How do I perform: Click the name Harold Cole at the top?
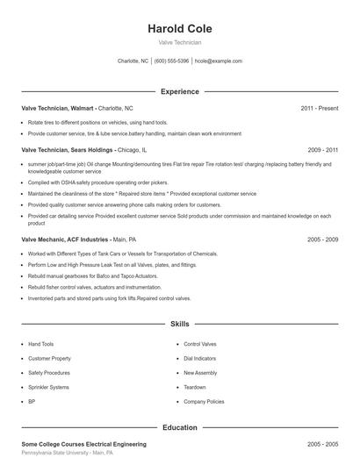point(180,28)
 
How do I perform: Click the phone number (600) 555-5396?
point(171,61)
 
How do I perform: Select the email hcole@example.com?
point(218,61)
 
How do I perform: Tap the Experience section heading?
point(180,91)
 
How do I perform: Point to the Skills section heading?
point(180,324)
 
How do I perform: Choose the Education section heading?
point(180,427)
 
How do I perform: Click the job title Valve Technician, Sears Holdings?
point(68,150)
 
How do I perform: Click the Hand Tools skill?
point(41,345)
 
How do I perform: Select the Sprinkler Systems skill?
point(48,387)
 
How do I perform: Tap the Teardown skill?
point(195,387)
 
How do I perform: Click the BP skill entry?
point(32,401)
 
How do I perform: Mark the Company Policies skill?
point(204,401)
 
